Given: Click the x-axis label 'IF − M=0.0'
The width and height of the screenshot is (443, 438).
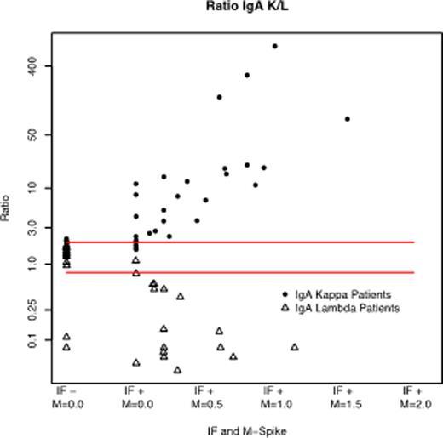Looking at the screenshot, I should coord(66,399).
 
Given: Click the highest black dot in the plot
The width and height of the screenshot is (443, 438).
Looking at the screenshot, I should coord(274,46).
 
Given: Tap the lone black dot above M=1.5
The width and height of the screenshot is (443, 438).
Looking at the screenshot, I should coord(347,119).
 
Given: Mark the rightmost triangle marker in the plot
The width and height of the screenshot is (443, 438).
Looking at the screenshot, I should coord(295,347).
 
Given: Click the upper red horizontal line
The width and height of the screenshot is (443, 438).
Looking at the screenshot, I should coord(239,242).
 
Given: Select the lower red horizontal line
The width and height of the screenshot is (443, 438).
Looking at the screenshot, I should coord(239,272).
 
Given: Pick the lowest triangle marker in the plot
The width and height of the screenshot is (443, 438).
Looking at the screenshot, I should coord(177,370).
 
